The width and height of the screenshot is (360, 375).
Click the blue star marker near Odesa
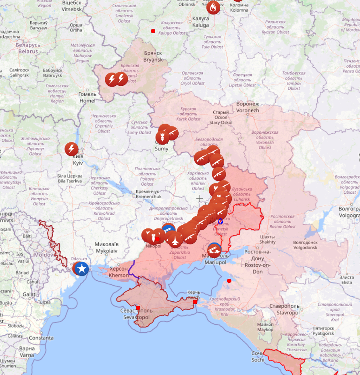(x=82, y=268)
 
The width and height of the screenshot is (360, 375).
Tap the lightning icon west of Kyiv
(x=71, y=149)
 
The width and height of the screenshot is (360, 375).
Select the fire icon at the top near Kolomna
(x=213, y=7)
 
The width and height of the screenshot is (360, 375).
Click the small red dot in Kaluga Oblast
(x=153, y=31)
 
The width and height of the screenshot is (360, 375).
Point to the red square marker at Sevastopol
(x=138, y=308)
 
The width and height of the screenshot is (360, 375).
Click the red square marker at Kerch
(x=195, y=302)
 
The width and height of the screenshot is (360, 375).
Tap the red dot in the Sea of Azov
(x=229, y=281)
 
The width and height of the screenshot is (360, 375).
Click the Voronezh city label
(x=248, y=107)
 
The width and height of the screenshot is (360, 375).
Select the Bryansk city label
(x=153, y=56)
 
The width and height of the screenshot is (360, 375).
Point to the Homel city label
(x=87, y=97)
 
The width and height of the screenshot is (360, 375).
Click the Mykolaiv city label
(x=106, y=247)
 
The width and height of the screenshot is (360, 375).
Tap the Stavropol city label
(x=288, y=309)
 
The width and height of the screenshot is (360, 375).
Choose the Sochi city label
(x=257, y=356)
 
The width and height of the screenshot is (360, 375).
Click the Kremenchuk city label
(x=148, y=194)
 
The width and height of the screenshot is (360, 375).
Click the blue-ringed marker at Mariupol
(x=214, y=250)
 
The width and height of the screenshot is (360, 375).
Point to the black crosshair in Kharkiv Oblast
(x=200, y=199)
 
